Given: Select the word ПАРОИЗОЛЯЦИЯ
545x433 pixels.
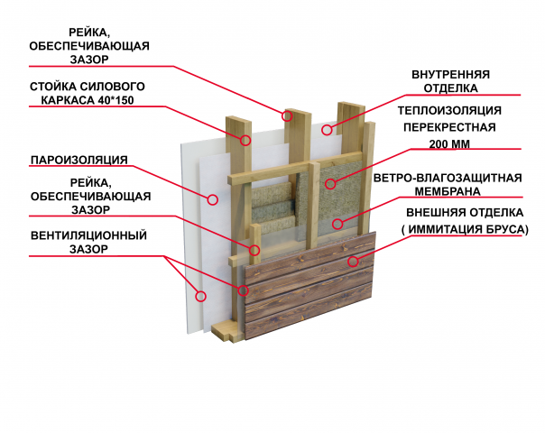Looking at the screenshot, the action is point(79,160).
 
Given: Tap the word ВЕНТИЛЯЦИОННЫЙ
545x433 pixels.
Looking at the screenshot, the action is point(88,235).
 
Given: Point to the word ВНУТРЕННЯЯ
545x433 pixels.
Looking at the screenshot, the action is point(450,74).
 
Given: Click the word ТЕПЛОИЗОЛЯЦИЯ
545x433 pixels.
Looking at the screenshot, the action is point(449,111).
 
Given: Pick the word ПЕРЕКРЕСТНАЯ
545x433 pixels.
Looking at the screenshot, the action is point(449,127).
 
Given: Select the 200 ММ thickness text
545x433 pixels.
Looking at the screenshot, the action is point(449,143).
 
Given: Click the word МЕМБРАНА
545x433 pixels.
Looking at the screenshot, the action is point(448,191).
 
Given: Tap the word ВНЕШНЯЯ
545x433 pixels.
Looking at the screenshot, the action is point(431,212).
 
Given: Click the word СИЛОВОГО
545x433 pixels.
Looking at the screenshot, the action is point(113,87).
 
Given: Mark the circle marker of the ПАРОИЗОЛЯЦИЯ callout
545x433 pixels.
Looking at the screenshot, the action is point(213,199).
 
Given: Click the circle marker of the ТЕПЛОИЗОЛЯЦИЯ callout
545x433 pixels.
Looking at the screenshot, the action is point(330,184).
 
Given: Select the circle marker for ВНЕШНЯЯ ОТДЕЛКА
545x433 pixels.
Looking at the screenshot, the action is point(353,261).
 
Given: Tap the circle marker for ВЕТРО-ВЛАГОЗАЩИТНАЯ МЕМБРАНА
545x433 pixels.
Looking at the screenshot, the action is point(337,224).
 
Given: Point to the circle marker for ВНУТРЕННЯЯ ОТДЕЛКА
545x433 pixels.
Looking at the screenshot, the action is point(327,130).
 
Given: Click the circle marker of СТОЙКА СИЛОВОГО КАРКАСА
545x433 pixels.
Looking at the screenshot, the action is point(245,140).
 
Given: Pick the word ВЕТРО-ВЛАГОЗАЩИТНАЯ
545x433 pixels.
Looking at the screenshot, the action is point(448,178).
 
